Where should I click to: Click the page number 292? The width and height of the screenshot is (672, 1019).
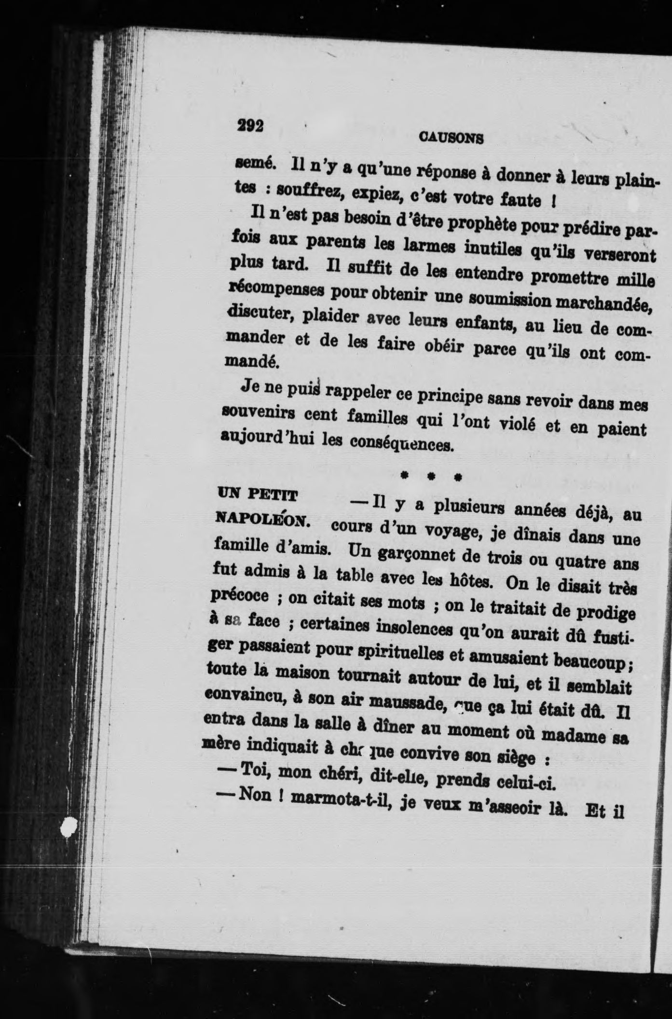point(250,126)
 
